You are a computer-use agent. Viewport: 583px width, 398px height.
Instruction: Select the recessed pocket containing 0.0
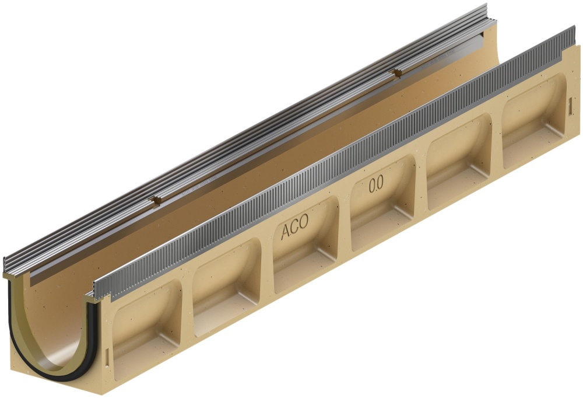[x=383, y=202]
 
